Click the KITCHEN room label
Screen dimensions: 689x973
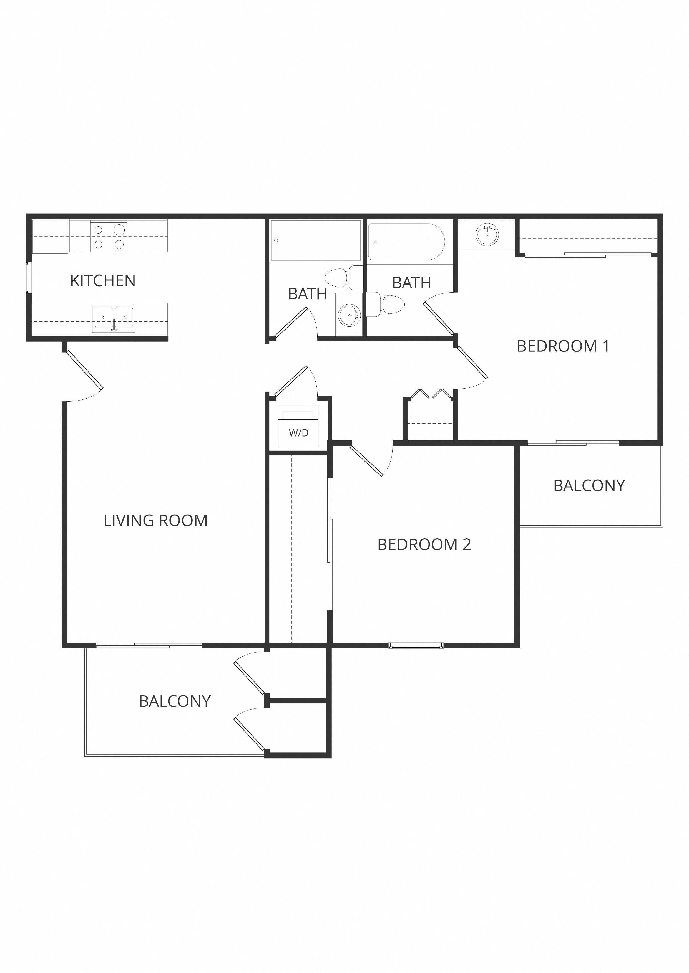[x=103, y=280]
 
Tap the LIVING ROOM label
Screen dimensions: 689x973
[x=156, y=520]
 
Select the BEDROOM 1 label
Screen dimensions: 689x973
[x=563, y=346]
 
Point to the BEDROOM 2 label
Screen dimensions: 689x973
[x=424, y=544]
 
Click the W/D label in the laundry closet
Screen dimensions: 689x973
[x=299, y=433]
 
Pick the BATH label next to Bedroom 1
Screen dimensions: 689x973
[x=411, y=283]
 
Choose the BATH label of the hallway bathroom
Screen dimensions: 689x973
[x=308, y=294]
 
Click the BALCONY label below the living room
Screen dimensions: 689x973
[x=175, y=701]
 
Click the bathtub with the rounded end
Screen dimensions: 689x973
[x=406, y=242]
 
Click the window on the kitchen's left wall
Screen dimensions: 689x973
[x=29, y=278]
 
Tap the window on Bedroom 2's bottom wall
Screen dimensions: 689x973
[x=416, y=646]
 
